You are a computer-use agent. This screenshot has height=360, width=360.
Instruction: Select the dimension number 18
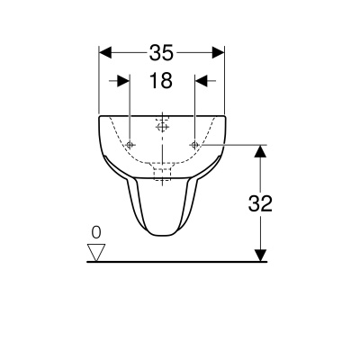[160, 81]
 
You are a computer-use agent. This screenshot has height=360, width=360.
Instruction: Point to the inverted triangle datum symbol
[98, 249]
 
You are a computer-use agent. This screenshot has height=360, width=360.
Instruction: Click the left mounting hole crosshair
[130, 145]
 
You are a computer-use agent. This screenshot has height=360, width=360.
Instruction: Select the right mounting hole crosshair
[193, 145]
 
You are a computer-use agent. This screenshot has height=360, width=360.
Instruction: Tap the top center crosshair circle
[162, 125]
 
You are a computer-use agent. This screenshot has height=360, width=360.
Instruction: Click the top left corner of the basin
[98, 115]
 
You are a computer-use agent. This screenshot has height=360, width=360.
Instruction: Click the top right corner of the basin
[224, 115]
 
